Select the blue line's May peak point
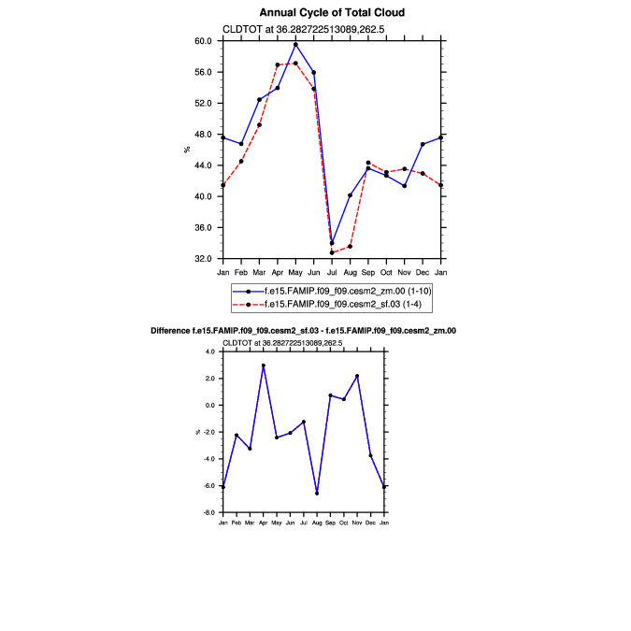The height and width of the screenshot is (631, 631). click(295, 44)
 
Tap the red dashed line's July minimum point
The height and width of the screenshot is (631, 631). click(332, 252)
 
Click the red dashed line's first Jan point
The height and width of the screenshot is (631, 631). click(222, 185)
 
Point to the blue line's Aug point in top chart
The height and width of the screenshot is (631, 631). click(350, 195)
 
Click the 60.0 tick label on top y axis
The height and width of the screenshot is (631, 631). click(203, 41)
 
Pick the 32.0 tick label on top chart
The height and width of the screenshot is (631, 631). click(203, 259)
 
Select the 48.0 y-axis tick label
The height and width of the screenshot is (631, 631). click(203, 135)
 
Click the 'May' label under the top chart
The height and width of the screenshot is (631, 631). click(295, 272)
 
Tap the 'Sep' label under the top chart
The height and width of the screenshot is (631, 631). click(368, 272)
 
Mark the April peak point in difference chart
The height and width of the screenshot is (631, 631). click(264, 366)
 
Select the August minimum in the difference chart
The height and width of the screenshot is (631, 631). click(317, 494)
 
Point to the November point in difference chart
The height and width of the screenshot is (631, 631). click(357, 376)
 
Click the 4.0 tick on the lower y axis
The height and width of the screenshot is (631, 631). click(210, 351)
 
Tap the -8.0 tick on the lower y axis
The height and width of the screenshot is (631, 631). click(209, 513)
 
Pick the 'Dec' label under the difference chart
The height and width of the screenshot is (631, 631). click(371, 522)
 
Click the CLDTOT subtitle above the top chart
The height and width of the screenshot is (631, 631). click(291, 29)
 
